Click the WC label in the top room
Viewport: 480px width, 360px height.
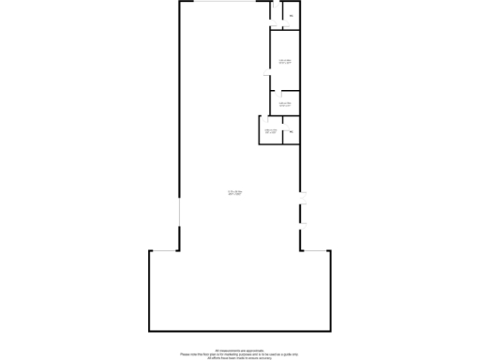click(291, 17)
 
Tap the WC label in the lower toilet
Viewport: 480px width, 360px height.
click(291, 132)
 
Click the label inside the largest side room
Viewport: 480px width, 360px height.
click(285, 62)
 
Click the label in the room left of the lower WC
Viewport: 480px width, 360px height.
click(270, 131)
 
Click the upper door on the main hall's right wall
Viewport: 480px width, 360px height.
click(302, 197)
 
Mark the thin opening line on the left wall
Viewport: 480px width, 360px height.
click(178, 231)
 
